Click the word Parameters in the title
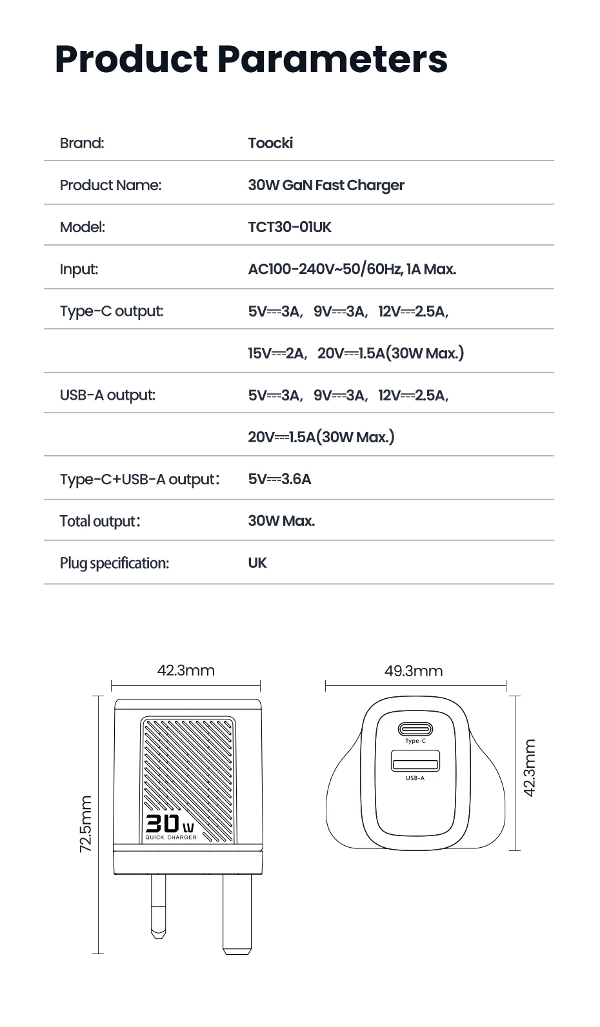coord(332,59)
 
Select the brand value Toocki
coord(270,143)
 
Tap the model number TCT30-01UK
coord(290,227)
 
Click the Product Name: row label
coord(110,186)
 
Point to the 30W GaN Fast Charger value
coord(326,186)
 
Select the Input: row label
coord(79,269)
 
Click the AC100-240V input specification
coord(352,269)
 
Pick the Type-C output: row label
coord(112,311)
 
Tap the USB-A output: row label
coord(108,395)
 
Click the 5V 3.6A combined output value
coord(279,479)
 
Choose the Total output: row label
coord(100,521)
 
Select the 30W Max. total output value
coord(281,521)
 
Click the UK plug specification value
coord(257,563)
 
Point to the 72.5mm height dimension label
coord(86,824)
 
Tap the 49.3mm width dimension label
coord(414,671)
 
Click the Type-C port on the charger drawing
coord(415,729)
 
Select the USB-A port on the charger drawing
coord(415,761)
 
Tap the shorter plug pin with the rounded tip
coord(158,906)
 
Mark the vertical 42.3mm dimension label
coord(529,768)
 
